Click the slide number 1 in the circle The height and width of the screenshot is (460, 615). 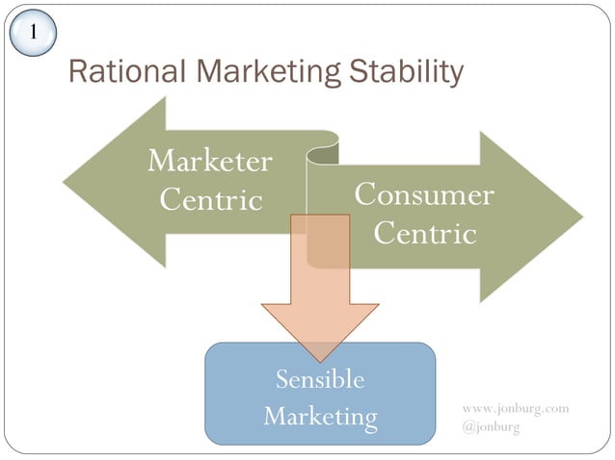point(32,32)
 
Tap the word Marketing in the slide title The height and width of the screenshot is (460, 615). point(254,72)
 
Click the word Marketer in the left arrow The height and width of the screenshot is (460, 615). point(209,161)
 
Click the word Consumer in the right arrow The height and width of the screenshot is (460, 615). point(424,194)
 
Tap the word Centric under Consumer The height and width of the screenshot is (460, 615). point(425,233)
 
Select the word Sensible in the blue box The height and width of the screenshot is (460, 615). point(320,379)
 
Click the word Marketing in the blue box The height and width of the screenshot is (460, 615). point(320,417)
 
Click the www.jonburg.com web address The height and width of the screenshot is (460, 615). point(516,408)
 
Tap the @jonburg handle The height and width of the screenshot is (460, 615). point(491,426)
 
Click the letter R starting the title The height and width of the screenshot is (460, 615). point(79,72)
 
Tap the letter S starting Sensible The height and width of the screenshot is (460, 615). point(282,379)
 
